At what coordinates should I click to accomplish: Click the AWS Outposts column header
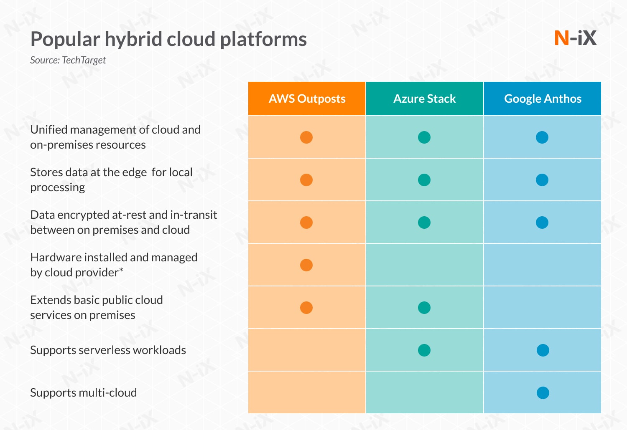tap(307, 99)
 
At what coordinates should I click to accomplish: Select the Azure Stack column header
tap(424, 99)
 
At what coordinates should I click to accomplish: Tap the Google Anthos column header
tap(542, 99)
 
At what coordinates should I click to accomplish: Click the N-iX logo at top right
tap(575, 38)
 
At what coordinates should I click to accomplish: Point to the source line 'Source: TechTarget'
tap(68, 60)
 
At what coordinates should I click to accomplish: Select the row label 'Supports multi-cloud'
tap(83, 393)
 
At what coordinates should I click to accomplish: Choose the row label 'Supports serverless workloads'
tap(108, 350)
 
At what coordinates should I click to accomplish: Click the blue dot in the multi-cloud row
tap(543, 393)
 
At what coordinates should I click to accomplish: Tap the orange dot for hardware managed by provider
tap(306, 265)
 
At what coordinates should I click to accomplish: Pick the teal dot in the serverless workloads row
tap(424, 350)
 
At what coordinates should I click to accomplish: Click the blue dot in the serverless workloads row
tap(543, 350)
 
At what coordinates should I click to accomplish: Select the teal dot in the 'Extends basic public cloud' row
tap(424, 308)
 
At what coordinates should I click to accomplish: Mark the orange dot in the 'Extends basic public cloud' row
tap(306, 308)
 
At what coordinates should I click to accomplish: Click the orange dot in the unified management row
tap(306, 137)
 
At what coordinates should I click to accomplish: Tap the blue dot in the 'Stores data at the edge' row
tap(542, 180)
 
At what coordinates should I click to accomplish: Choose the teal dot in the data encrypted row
tap(424, 223)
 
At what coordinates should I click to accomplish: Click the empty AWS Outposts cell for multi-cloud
tap(307, 392)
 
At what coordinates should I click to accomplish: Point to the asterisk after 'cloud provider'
tap(121, 270)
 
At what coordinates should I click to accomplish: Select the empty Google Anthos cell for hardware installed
tap(542, 265)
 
